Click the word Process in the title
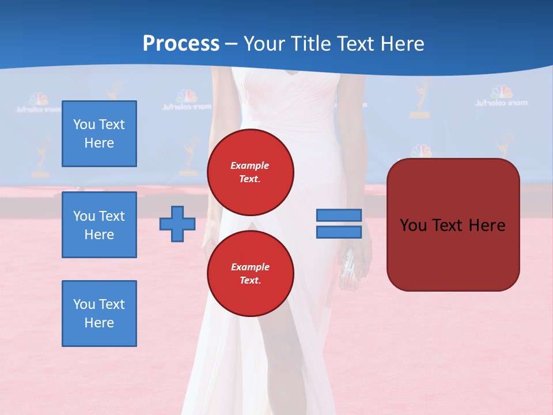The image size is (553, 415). tap(181, 44)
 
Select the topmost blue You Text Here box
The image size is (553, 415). tap(99, 134)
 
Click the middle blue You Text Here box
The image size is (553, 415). tap(99, 225)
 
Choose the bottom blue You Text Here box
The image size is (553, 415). tap(99, 314)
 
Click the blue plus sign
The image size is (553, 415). tap(177, 224)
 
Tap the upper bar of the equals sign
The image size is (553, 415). tap(339, 215)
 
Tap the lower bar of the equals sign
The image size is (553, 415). tap(339, 232)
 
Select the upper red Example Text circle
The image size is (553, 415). tap(250, 172)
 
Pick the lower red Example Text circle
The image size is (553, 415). tap(250, 274)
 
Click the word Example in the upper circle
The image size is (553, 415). tap(250, 165)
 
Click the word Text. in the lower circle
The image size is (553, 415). tap(250, 281)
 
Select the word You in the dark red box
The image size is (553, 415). tap(413, 225)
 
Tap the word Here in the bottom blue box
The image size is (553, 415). tap(99, 323)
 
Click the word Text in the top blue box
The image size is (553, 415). tap(112, 124)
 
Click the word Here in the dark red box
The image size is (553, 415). tap(487, 225)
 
